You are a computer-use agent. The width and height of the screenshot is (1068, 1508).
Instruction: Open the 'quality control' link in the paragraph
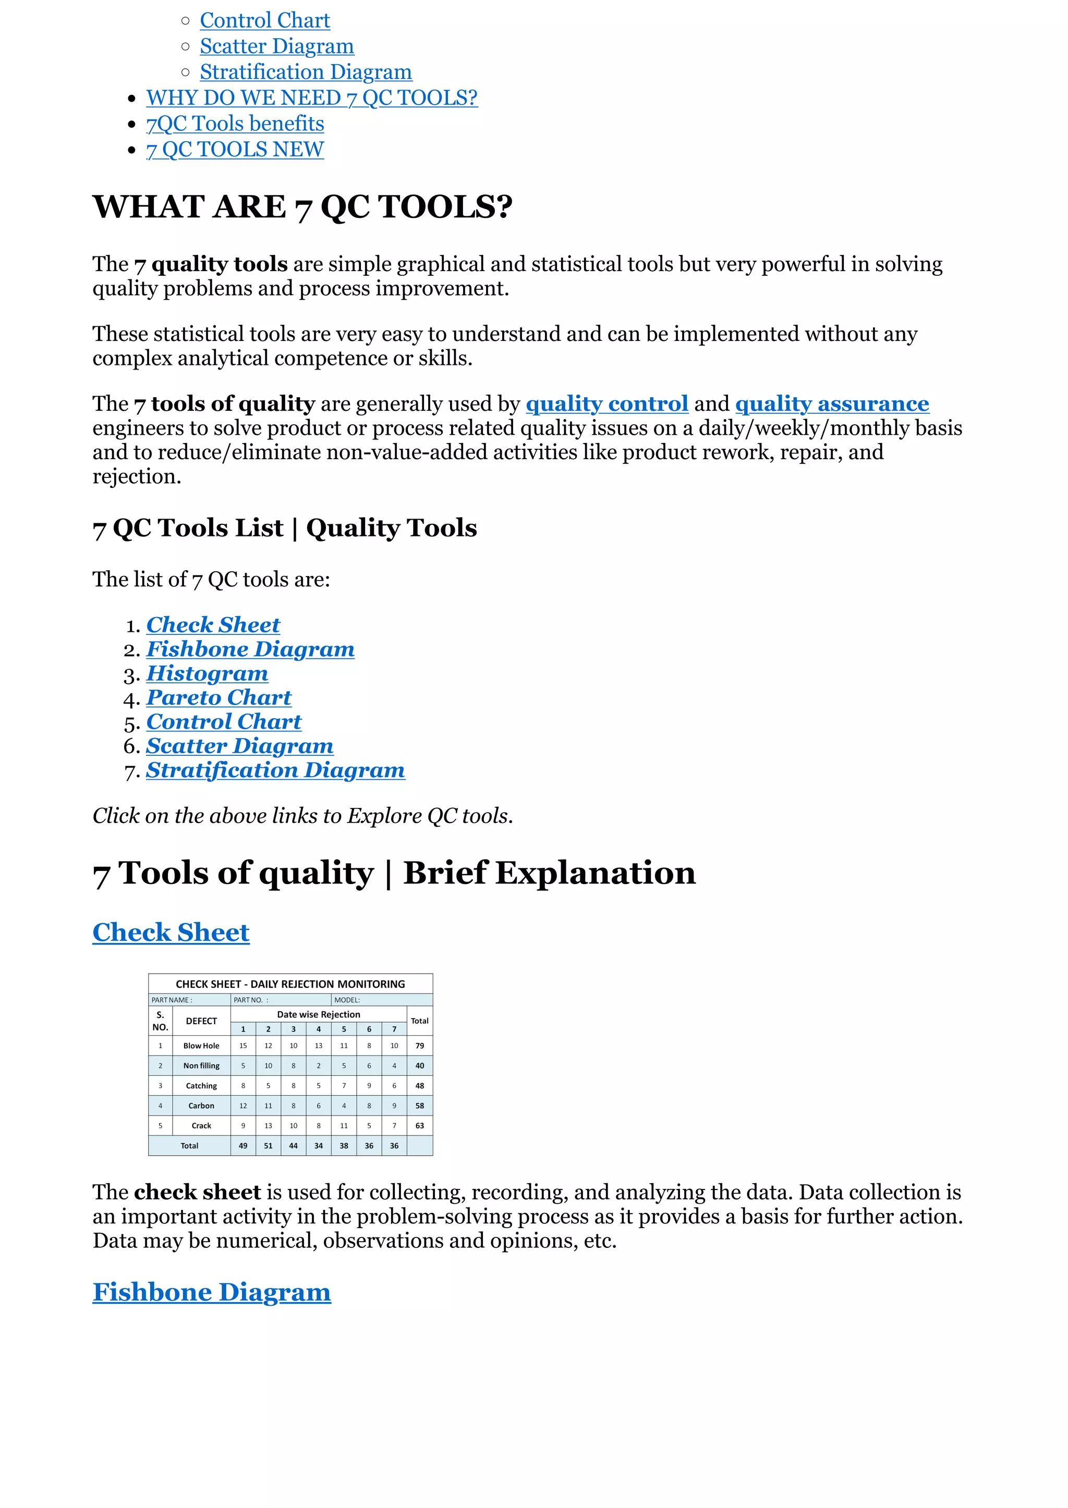pos(606,403)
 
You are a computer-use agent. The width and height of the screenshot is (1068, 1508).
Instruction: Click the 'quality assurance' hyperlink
pos(831,403)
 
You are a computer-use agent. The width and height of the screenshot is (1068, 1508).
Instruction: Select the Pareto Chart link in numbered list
pos(219,697)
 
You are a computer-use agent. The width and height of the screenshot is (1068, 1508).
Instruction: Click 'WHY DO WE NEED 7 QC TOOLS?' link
pos(312,98)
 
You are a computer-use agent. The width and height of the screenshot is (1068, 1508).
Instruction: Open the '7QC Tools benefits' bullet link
pos(235,124)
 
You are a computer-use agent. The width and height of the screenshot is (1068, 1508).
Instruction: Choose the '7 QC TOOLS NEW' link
pos(235,150)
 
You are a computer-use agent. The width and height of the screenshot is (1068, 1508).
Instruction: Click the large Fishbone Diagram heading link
pos(211,1292)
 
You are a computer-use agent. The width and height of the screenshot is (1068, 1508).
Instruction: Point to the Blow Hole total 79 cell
pos(420,1046)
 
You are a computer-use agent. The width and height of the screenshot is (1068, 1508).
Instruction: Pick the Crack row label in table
pos(201,1126)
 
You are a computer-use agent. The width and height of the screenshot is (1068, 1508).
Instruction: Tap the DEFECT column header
pos(201,1021)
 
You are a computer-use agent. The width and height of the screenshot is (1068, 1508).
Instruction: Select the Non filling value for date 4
pos(318,1065)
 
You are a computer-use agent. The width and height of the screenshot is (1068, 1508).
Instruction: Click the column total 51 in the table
pos(269,1146)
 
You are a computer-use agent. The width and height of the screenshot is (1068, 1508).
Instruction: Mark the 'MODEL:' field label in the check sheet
pos(347,1000)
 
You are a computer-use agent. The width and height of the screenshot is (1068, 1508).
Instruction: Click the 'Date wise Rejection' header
pos(318,1014)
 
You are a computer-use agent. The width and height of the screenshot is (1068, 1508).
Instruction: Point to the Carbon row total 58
pos(420,1106)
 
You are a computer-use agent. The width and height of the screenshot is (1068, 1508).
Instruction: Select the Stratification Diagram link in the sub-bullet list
pos(306,72)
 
